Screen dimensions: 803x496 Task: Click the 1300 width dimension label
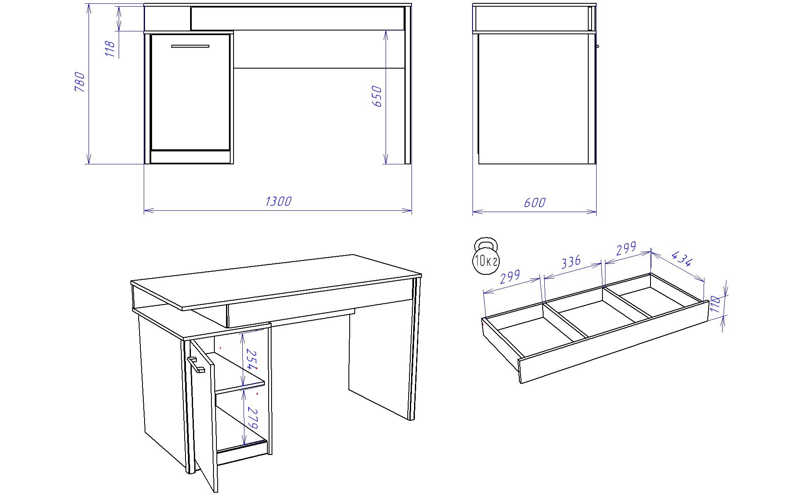coord(278,202)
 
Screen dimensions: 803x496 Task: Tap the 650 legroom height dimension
coord(376,96)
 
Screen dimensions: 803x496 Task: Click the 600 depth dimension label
coord(534,202)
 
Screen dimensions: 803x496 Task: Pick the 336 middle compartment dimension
coord(571,262)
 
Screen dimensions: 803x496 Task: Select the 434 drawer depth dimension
coord(682,259)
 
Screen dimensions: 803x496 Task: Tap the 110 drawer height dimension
coord(715,304)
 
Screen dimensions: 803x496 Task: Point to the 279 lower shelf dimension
coord(252,417)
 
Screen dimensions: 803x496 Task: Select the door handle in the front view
coord(190,46)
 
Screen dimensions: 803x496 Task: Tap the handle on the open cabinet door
coord(196,365)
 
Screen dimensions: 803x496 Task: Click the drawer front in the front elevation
coord(297,18)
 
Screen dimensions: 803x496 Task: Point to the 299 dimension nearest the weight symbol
coord(510,276)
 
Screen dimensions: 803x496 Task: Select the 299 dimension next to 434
coord(626,248)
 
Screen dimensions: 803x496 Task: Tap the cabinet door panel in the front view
coord(190,92)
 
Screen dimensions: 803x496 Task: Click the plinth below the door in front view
coord(190,157)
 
